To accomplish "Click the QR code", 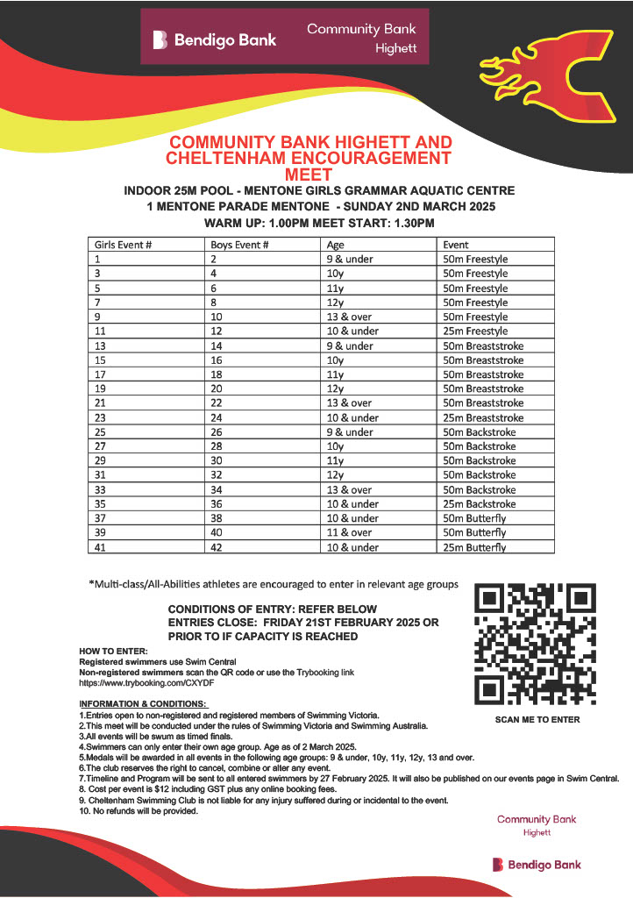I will point(535,645).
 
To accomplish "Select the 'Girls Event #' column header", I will point(124,246).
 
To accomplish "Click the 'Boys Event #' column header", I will point(239,246).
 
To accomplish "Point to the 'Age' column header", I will point(335,246).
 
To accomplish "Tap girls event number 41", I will point(99,547).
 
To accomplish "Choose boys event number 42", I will point(217,547).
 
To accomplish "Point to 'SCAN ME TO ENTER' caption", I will point(537,720).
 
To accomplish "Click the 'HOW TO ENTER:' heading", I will point(114,650).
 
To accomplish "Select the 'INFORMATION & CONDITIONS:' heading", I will point(143,704).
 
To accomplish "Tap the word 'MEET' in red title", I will point(309,175).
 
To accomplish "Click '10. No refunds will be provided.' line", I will point(139,810).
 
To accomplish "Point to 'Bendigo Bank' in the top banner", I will point(215,39).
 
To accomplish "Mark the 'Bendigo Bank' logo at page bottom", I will point(536,865).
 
